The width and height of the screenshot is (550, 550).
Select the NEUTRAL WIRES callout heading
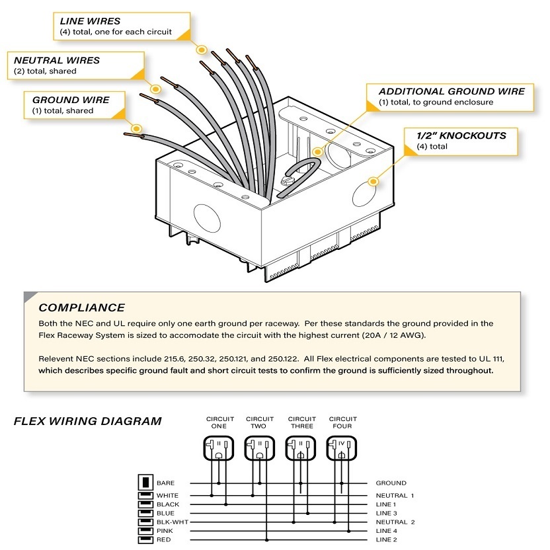[x=57, y=60]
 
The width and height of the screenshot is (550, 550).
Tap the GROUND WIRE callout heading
[x=71, y=100]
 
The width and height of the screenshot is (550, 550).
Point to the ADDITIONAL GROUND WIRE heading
[x=452, y=92]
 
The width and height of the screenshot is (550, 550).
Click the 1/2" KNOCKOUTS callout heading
[x=461, y=136]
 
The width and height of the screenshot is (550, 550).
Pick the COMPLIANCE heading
[x=81, y=307]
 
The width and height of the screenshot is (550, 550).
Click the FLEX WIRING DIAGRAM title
[x=87, y=421]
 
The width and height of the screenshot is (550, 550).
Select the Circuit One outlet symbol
[x=219, y=449]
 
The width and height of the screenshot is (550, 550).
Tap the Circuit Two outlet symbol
[x=259, y=449]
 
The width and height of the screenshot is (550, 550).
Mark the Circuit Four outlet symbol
[x=342, y=449]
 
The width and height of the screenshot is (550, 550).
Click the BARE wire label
[x=166, y=483]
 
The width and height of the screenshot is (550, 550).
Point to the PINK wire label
[x=165, y=531]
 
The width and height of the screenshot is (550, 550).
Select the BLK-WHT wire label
[x=171, y=522]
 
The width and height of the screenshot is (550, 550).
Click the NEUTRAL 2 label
[x=395, y=522]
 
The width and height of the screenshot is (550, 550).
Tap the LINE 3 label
[x=387, y=513]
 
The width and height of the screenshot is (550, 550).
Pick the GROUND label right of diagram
[x=391, y=483]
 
